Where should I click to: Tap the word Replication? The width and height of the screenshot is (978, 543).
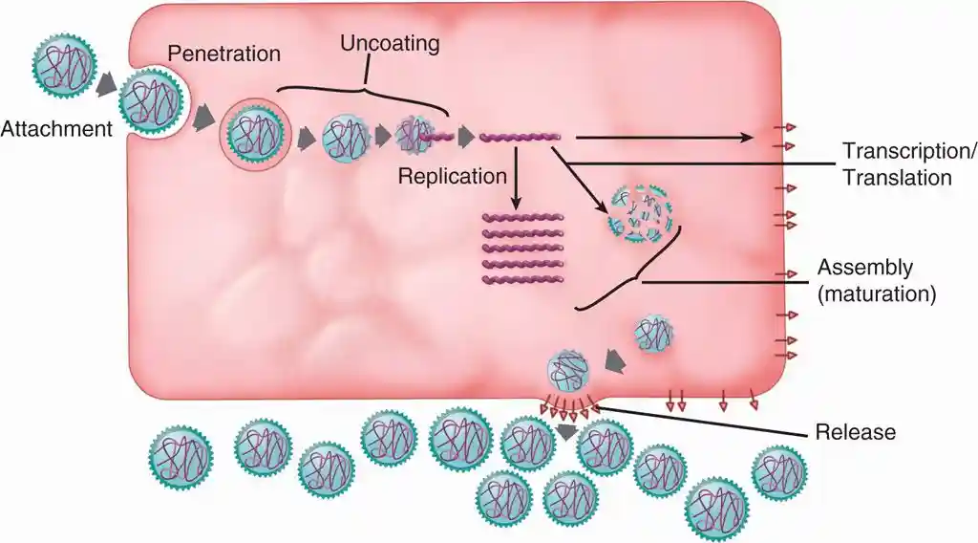(x=452, y=176)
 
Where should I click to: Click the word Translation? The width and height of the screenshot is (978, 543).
(x=896, y=178)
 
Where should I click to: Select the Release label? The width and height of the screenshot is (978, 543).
(x=856, y=432)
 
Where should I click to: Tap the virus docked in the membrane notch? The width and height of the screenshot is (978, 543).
(x=148, y=104)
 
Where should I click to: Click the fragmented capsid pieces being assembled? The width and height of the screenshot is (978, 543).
(x=642, y=212)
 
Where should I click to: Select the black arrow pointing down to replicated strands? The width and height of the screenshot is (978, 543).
(x=516, y=182)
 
